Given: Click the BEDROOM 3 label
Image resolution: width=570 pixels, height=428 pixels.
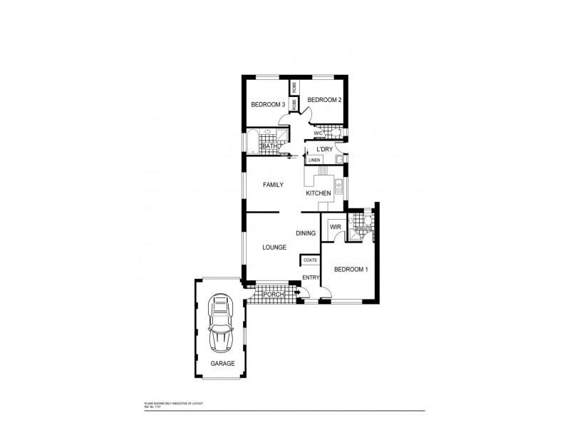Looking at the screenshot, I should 268,105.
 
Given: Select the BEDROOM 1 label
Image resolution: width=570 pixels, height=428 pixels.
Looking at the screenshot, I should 351,269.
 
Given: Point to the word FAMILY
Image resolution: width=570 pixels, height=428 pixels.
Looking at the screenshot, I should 273,185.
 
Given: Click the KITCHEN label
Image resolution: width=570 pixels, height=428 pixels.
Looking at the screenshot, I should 318,193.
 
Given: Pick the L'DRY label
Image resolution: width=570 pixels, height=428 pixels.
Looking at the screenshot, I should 325,149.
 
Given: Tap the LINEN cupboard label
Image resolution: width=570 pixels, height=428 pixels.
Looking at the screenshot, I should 313,160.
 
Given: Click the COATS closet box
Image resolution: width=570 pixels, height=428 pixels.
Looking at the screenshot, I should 310,260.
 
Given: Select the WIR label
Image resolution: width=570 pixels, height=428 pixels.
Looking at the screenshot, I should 335,228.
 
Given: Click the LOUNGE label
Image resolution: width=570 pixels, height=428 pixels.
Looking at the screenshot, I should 274,248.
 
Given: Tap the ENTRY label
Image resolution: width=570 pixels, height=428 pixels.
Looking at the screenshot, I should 311,277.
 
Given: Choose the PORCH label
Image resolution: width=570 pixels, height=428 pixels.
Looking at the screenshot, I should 274,294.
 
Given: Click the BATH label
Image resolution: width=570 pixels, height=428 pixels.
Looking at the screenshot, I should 269,146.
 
